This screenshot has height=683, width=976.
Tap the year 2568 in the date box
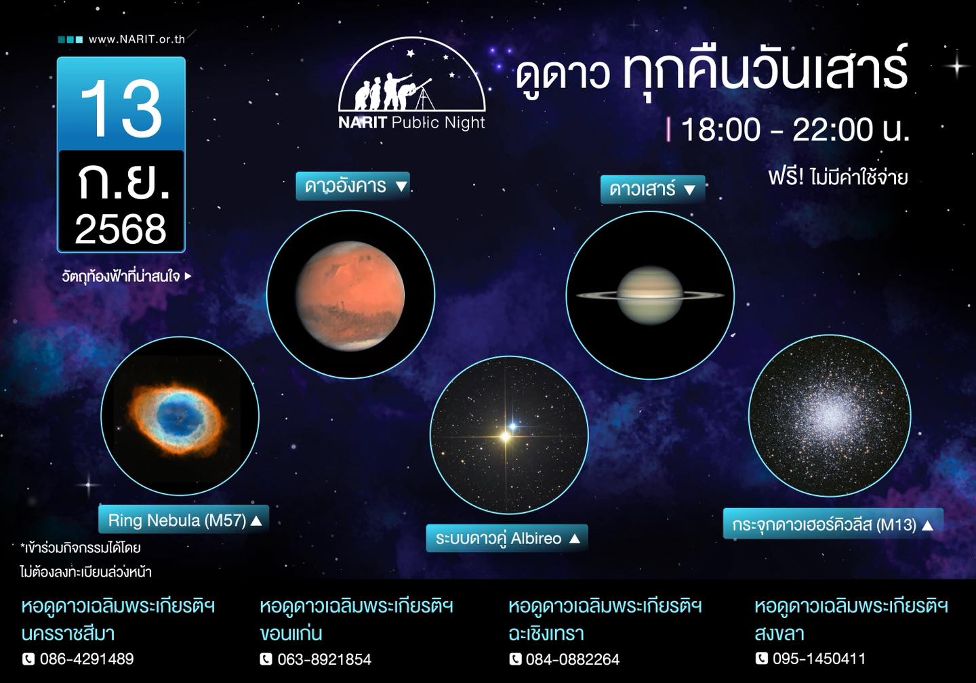121,229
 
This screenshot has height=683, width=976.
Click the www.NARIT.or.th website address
137,39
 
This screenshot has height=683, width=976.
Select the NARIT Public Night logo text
412,123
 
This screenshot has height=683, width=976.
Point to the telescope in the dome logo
422,92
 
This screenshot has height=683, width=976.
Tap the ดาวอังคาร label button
352,186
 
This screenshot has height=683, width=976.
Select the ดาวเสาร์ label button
652,189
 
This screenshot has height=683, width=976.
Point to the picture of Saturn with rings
650,295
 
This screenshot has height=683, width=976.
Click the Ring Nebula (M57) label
184,520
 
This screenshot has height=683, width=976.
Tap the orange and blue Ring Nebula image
178,417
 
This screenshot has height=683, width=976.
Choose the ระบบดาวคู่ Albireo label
507,539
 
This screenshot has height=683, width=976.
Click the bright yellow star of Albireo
506,436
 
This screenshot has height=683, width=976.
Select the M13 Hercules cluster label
832,524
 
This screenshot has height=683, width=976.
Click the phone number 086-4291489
87,659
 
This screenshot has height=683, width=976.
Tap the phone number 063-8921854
325,659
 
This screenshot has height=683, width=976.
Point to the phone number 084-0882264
573,659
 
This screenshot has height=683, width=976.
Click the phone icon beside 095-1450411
761,658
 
